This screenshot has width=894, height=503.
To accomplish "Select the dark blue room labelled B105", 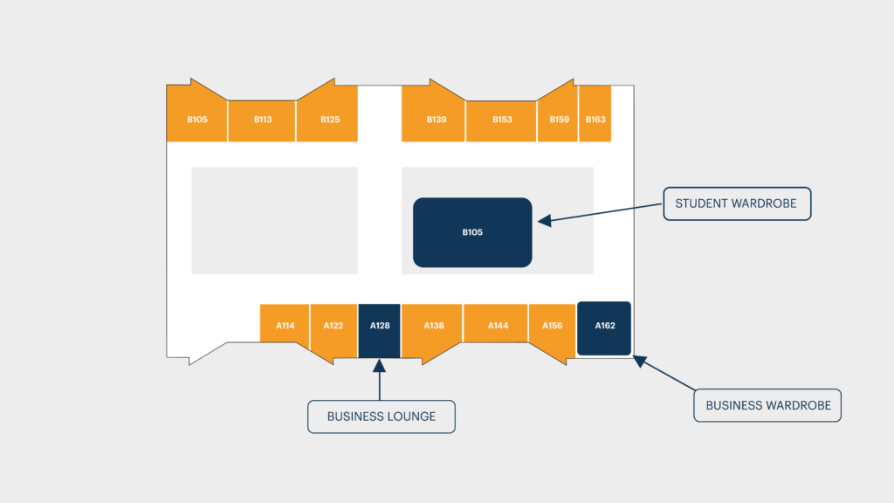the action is (x=472, y=232).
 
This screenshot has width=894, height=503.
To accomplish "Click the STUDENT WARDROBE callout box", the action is (x=737, y=203).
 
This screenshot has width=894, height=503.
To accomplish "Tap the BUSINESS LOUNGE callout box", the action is (x=382, y=417).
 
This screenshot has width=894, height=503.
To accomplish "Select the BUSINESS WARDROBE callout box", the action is (x=767, y=405).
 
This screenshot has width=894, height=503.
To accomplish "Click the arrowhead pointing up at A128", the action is (x=379, y=366).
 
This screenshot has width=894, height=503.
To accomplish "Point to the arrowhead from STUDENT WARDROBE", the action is (x=545, y=220).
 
